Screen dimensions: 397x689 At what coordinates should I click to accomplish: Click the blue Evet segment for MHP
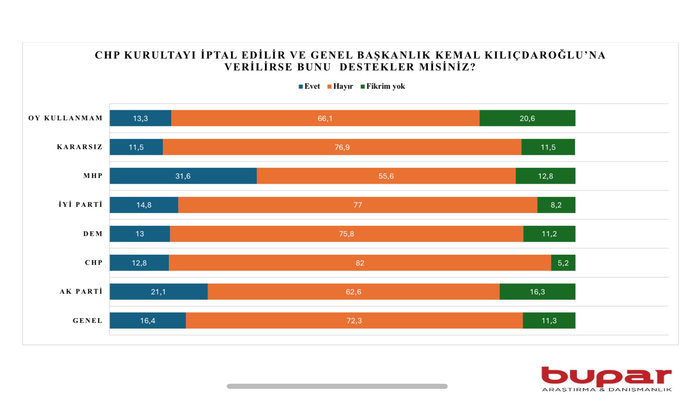[183, 176]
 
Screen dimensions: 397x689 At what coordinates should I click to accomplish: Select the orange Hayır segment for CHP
[360, 263]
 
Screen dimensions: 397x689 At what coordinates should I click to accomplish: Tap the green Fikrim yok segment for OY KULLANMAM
[527, 118]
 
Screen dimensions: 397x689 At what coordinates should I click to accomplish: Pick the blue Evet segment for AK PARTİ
[159, 291]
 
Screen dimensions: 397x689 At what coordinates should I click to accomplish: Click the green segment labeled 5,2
[563, 263]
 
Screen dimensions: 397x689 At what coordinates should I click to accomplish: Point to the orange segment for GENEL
[354, 320]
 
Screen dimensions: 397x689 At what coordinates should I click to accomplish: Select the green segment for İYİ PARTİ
[556, 205]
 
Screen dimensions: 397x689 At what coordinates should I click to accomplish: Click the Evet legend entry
[309, 87]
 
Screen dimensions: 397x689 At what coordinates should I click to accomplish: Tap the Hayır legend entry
[340, 87]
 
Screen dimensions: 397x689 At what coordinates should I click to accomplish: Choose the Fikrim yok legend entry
[383, 87]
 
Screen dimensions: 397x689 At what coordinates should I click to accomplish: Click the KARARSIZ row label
[80, 147]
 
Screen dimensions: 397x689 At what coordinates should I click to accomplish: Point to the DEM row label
[93, 234]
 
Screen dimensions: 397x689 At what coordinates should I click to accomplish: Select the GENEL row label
[88, 321]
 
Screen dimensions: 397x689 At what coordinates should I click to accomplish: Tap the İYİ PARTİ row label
[80, 205]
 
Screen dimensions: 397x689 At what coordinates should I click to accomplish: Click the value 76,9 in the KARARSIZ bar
[342, 147]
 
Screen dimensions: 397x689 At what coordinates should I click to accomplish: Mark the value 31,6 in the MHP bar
[183, 176]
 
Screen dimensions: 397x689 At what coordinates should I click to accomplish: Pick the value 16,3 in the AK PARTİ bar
[537, 292]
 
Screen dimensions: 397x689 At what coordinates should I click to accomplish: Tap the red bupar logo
[606, 376]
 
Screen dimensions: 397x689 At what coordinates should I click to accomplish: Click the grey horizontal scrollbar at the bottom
[337, 386]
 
